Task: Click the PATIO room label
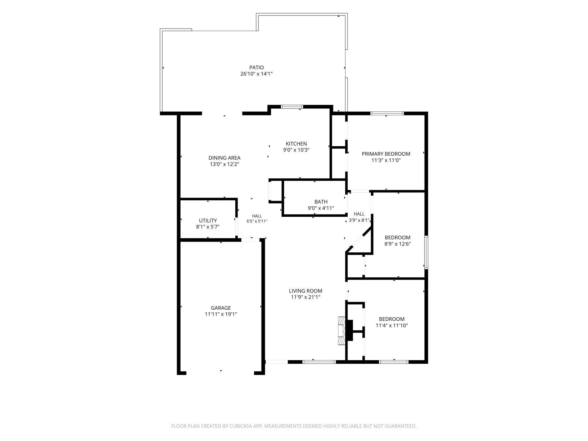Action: pos(256,67)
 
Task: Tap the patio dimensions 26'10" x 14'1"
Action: pos(256,74)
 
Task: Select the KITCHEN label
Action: pos(296,144)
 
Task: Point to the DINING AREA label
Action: pos(224,158)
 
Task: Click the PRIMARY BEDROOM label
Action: pos(386,154)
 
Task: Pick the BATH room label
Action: pos(321,202)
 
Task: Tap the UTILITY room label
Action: pos(208,220)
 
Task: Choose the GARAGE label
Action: pos(221,308)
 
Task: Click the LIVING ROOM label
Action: pos(306,291)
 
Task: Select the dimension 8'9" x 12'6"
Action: pos(397,244)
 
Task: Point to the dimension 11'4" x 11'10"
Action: pos(392,325)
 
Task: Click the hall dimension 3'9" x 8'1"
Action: pos(359,220)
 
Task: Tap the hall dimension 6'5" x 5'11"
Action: pos(257,221)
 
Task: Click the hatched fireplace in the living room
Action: pos(342,331)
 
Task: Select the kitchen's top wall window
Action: pos(292,107)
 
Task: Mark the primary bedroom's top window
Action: pos(387,113)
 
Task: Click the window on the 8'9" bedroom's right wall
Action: pos(426,252)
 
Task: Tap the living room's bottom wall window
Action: pos(319,362)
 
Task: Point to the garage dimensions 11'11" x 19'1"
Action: pos(221,314)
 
